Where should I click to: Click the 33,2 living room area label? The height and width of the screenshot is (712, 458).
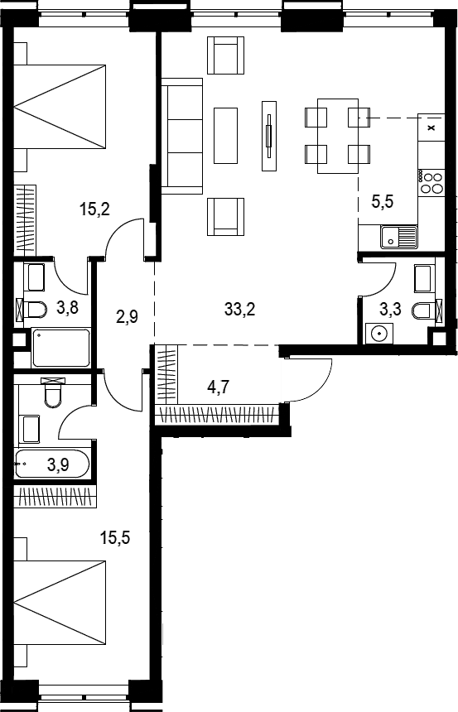pos(239,310)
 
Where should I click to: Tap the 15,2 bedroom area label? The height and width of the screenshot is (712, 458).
pos(94,209)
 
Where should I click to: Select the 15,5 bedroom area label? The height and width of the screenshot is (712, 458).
pos(115,538)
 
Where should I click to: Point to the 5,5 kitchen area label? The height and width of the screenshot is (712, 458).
pos(383,200)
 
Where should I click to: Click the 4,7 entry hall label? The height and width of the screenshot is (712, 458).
pos(218,387)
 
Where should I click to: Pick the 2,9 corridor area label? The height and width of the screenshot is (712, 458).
pos(127,316)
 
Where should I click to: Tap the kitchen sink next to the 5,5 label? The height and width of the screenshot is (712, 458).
pos(398,237)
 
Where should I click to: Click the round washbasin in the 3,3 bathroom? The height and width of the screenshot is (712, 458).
pos(378,334)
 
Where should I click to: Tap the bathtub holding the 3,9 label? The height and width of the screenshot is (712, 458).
pos(52,464)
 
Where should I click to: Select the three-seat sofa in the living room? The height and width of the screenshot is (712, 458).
pos(181,136)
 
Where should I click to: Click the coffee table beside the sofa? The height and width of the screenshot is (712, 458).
pos(225,135)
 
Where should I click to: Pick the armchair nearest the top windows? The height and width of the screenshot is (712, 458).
pos(226,55)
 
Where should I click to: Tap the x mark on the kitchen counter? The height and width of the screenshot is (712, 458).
pos(431,127)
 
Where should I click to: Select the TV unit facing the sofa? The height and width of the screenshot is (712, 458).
pos(269,135)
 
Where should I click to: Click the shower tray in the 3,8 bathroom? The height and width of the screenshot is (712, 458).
pos(61,348)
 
